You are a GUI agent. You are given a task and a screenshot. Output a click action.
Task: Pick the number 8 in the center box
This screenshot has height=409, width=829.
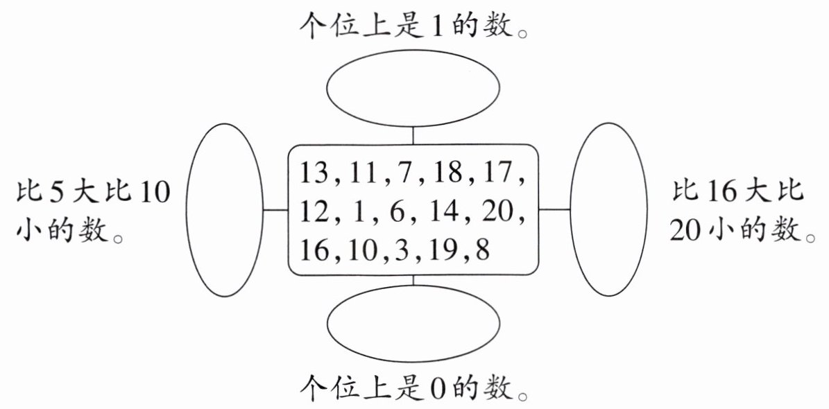pyautogui.click(x=481, y=249)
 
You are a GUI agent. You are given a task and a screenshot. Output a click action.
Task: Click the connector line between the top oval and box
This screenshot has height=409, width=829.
pyautogui.click(x=413, y=135)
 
